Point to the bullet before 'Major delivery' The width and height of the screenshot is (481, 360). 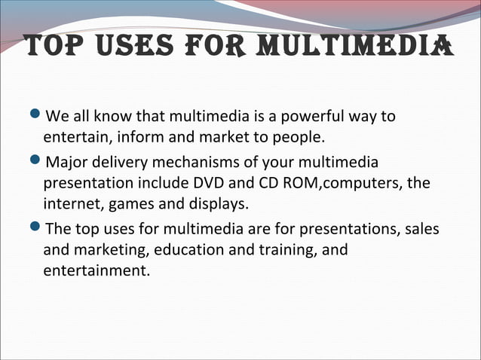pos(38,161)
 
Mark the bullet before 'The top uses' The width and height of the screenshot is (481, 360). pos(38,227)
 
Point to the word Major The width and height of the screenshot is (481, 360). pos(69,163)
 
